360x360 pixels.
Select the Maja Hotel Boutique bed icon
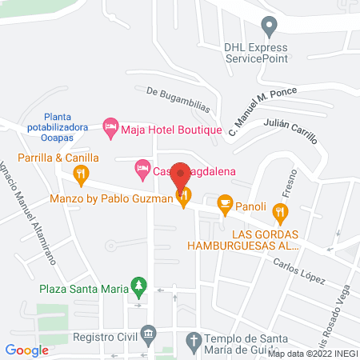pyautogui.click(x=110, y=127)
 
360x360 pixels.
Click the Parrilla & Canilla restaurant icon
pyautogui.click(x=81, y=174)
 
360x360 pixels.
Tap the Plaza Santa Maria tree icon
pyautogui.click(x=140, y=286)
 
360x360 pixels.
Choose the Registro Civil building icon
pyautogui.click(x=147, y=333)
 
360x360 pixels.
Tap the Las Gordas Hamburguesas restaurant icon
pyautogui.click(x=279, y=213)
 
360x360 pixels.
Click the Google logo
pyautogui.click(x=27, y=350)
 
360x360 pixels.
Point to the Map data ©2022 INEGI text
pyautogui.click(x=312, y=354)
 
